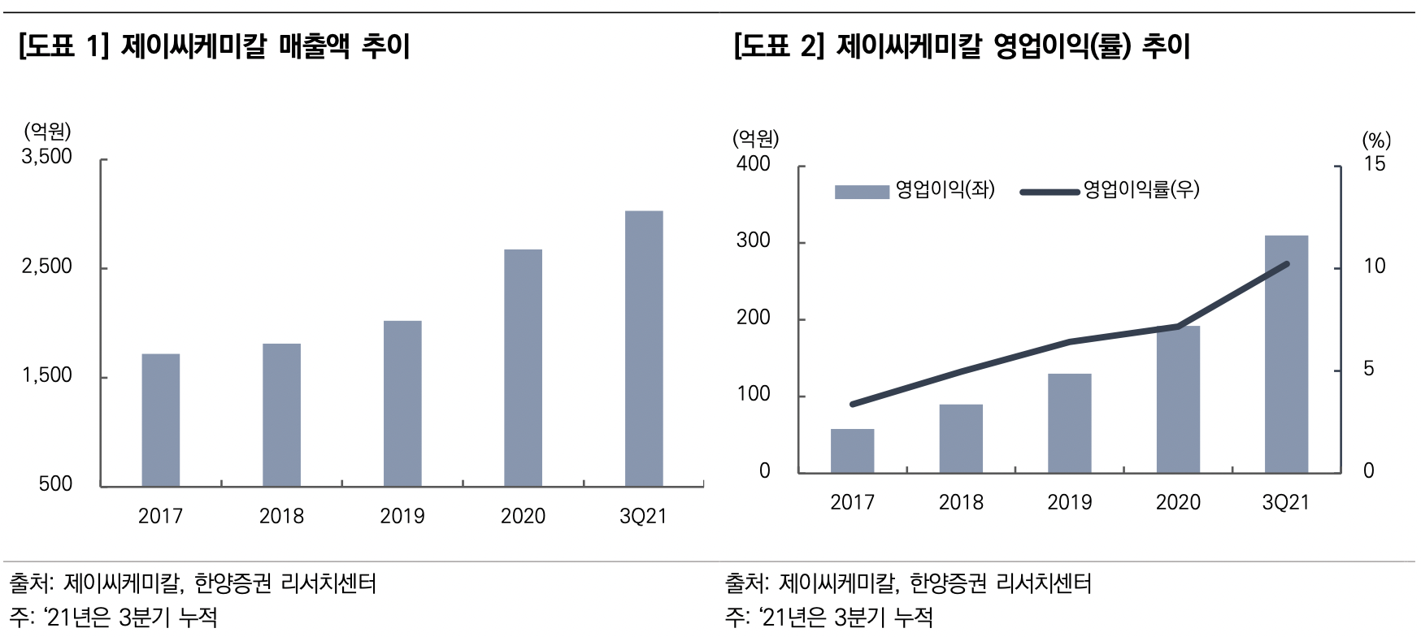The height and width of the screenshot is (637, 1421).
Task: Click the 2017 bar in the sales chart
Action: (x=160, y=420)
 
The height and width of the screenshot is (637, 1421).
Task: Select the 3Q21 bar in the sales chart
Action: (x=644, y=349)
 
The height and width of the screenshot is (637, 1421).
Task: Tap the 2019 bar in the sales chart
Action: (x=402, y=404)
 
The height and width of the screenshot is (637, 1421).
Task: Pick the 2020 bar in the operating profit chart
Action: (x=1178, y=400)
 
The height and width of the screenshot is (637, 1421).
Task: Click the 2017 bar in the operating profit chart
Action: (x=852, y=451)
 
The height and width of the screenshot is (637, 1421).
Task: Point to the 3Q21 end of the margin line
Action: (x=1287, y=264)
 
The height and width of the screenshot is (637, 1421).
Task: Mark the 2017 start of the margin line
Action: (x=853, y=404)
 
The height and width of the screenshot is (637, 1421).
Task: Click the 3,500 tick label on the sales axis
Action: (x=46, y=156)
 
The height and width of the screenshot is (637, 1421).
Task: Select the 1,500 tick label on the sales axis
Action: (x=46, y=375)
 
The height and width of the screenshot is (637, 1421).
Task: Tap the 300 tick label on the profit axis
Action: (x=753, y=240)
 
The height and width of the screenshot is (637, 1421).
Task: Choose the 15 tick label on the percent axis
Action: (x=1374, y=164)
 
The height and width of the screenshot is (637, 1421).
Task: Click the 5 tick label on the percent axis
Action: (x=1369, y=369)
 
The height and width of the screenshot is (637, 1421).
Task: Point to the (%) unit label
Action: (x=1375, y=140)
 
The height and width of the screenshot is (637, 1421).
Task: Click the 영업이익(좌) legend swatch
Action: (x=862, y=192)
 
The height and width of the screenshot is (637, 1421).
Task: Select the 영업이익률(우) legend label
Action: (x=1141, y=190)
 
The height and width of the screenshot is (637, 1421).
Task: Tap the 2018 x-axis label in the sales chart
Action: (x=281, y=516)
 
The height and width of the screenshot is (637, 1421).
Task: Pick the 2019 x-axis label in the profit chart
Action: (x=1069, y=502)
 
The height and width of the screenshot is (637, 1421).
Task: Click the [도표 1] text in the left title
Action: (x=63, y=45)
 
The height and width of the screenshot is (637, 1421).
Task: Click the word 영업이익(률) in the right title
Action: (x=1062, y=45)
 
